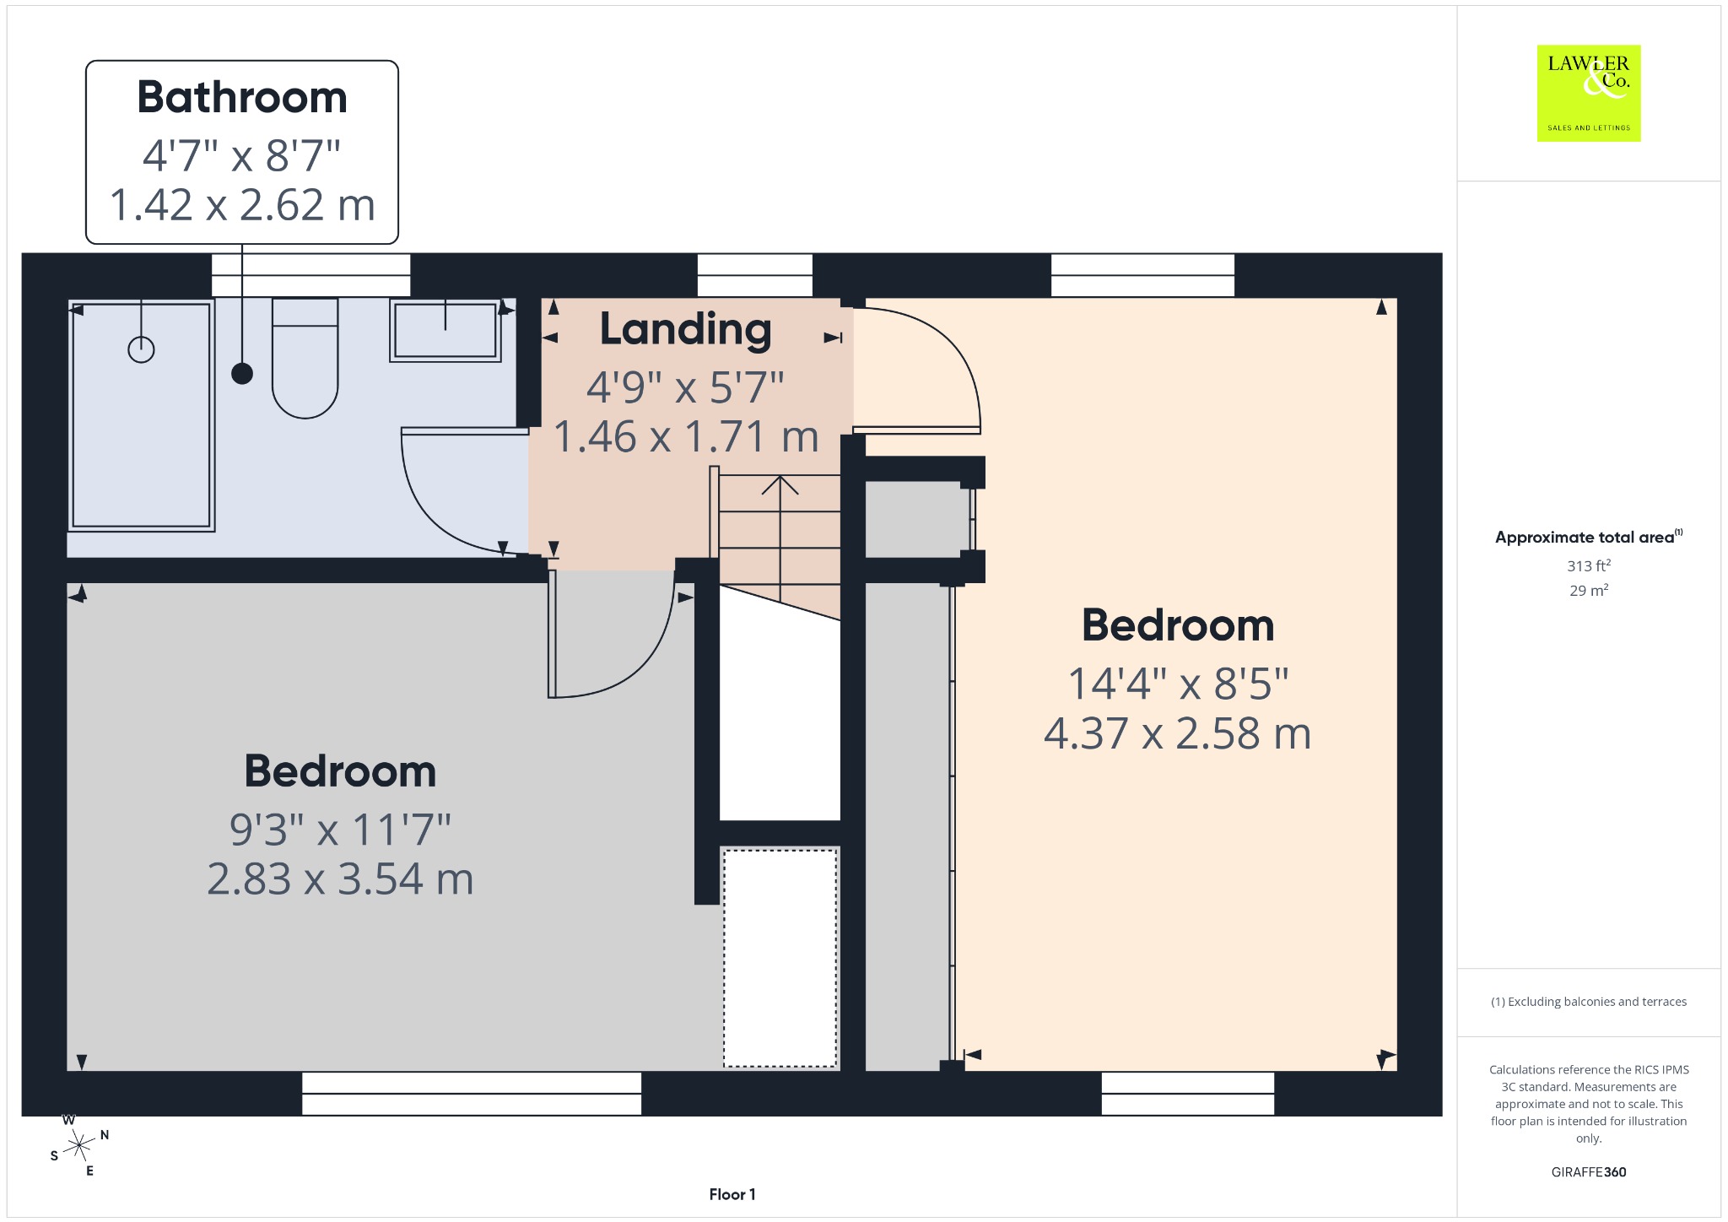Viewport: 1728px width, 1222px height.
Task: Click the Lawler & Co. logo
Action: tap(1589, 93)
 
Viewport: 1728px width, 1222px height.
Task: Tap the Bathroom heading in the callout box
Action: tap(242, 97)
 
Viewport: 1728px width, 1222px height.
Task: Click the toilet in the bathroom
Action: tap(305, 358)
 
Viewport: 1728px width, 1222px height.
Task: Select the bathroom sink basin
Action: tap(445, 330)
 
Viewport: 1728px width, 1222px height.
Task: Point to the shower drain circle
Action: tap(141, 349)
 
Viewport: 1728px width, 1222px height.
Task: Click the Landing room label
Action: tap(686, 329)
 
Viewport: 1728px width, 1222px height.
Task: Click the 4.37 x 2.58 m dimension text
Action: tap(1178, 733)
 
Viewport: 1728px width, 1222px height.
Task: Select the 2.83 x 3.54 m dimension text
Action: tap(340, 879)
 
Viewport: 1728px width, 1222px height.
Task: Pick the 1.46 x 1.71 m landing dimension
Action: tap(686, 437)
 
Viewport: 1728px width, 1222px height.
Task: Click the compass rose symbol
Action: tap(79, 1145)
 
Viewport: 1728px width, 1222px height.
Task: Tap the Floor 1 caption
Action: tap(732, 1194)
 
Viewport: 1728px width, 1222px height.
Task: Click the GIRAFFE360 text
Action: tap(1589, 1172)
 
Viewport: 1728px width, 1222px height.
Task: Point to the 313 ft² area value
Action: tap(1589, 565)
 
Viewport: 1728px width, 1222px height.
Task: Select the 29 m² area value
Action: tap(1589, 590)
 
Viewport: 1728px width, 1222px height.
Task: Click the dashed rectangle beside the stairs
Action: tap(780, 958)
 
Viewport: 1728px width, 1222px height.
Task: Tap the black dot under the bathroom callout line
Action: tap(242, 373)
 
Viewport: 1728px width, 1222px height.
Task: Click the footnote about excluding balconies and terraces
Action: tap(1589, 1002)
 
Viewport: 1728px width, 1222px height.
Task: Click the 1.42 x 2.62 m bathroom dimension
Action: tap(242, 205)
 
